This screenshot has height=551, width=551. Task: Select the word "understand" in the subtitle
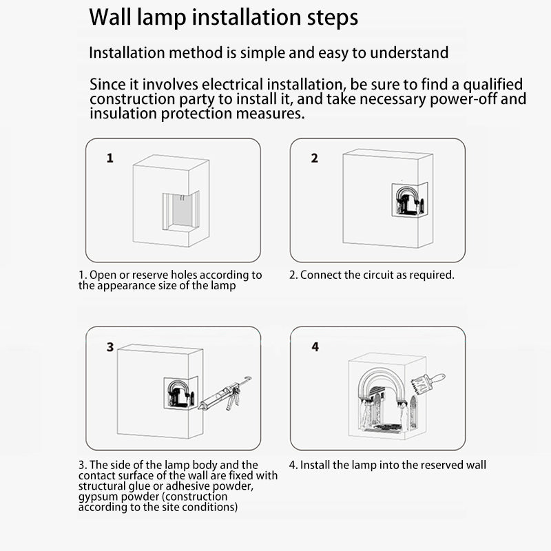pos(409,53)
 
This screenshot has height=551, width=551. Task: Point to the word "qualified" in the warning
pos(492,85)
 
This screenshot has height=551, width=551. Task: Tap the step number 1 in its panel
pos(110,158)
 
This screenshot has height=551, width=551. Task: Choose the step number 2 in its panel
pos(315,158)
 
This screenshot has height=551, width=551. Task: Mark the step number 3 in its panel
pos(110,347)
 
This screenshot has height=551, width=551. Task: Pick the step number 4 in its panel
pos(315,347)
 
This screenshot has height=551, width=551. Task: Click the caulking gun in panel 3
pos(225,395)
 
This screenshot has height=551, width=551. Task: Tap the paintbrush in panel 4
pos(428,384)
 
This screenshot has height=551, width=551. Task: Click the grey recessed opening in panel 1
pos(182,210)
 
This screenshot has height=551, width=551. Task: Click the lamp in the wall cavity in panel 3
pos(180,393)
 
